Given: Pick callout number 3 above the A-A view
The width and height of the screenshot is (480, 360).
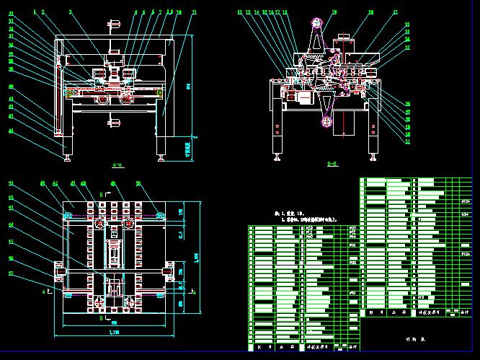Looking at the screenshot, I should pyautogui.click(x=70, y=12).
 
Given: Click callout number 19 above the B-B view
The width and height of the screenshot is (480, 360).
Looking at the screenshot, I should pyautogui.click(x=334, y=12).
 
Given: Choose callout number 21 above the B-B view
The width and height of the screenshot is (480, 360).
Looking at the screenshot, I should pyautogui.click(x=396, y=12).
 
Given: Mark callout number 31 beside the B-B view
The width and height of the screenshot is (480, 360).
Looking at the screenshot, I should pyautogui.click(x=408, y=141).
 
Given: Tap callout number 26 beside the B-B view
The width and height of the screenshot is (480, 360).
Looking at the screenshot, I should pyautogui.click(x=408, y=103).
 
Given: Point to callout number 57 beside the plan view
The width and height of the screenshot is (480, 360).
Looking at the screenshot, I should pyautogui.click(x=12, y=273).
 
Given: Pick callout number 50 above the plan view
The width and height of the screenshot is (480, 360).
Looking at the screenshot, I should pyautogui.click(x=138, y=184).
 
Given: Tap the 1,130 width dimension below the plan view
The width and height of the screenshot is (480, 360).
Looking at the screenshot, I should pyautogui.click(x=114, y=333).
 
